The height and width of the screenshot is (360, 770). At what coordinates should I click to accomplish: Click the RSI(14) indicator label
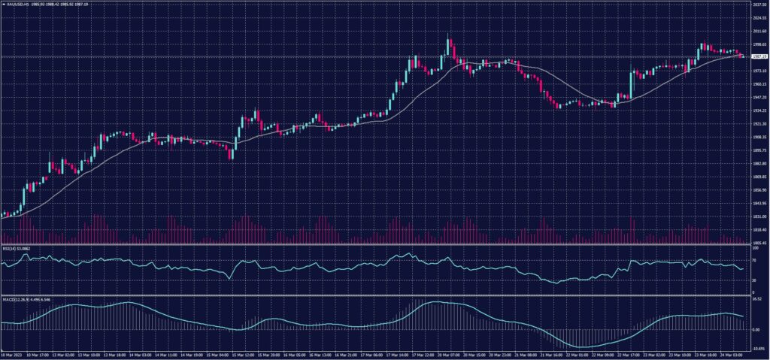[x=9, y=248]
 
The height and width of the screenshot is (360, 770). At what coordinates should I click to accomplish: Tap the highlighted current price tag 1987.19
[x=759, y=56]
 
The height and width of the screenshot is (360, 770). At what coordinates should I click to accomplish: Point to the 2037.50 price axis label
[x=759, y=5]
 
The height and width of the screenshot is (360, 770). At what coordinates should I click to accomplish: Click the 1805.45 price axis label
[x=759, y=243]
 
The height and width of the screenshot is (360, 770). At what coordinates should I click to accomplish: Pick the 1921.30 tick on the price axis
[x=759, y=124]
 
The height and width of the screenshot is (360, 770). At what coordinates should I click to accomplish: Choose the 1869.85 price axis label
[x=759, y=177]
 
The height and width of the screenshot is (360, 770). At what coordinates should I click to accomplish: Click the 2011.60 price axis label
[x=759, y=31]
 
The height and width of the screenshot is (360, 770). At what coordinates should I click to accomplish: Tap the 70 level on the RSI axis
[x=753, y=260]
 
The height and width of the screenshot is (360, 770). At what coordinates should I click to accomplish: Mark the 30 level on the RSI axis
[x=753, y=280]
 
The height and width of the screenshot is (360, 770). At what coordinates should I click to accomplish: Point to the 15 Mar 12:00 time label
[x=243, y=355]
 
